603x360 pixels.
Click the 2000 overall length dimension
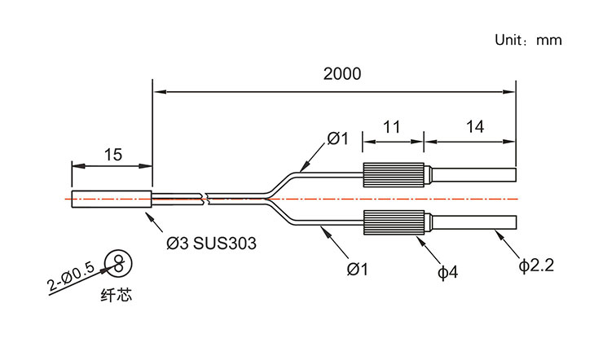pos(341,73)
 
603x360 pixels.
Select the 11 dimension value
pos(392,127)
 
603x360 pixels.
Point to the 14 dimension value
pos(475,127)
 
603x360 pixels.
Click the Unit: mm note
pos(529,40)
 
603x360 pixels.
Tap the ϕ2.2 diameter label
pos(536,266)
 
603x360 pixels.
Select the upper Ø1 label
pos(337,139)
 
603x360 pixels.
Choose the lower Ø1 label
pos(358,266)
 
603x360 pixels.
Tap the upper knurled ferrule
pos(395,175)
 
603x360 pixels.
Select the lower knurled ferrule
pos(395,222)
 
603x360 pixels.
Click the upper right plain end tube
pos(473,175)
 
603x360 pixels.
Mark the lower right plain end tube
pos(473,222)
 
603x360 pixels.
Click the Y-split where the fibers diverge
pos(271,197)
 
